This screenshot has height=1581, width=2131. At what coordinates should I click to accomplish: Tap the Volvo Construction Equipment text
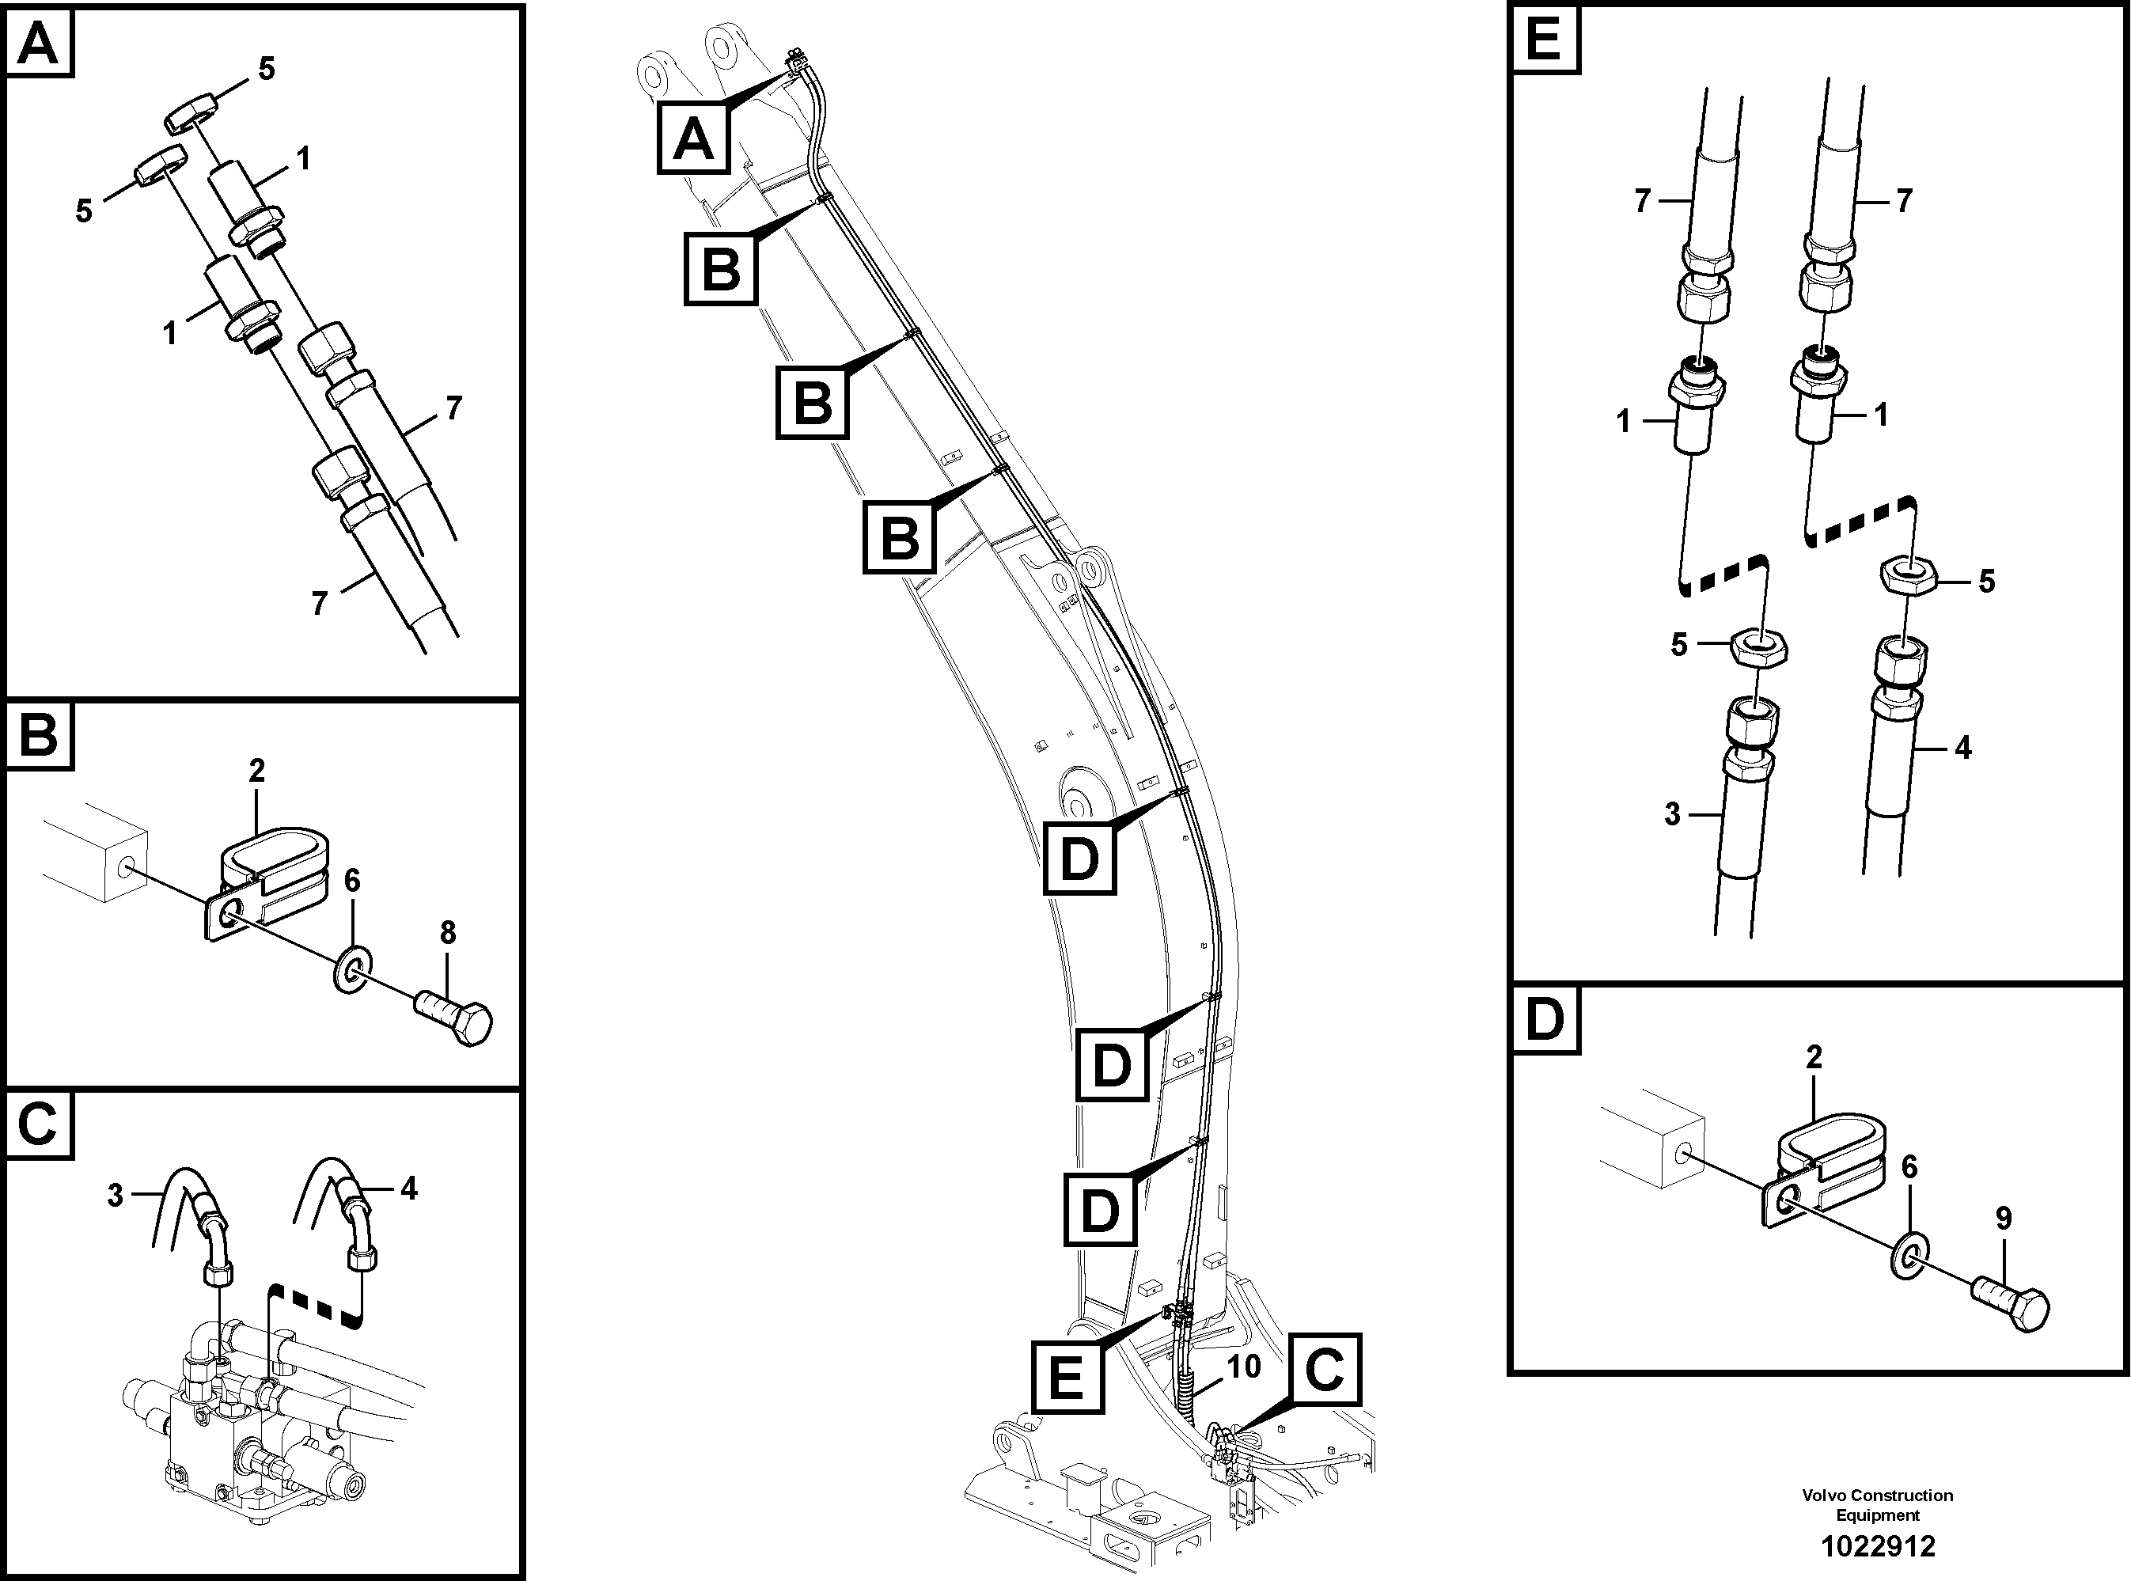coord(1876,1504)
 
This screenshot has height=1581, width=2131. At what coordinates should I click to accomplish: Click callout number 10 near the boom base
coord(1244,1367)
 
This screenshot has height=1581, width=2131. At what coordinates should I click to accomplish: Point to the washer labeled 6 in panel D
coord(1909,1255)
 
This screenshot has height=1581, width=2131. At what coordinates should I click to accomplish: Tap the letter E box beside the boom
coord(1067,1377)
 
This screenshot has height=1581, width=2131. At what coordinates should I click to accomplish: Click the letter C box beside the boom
coord(1325,1370)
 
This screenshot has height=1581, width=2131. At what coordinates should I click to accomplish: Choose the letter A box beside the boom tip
coord(692,138)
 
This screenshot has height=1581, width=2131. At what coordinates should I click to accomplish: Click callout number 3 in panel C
coord(115,1196)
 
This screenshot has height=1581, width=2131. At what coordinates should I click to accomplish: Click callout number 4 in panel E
coord(1963,748)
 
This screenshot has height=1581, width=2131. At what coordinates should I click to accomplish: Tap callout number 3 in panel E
coord(1672,813)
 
